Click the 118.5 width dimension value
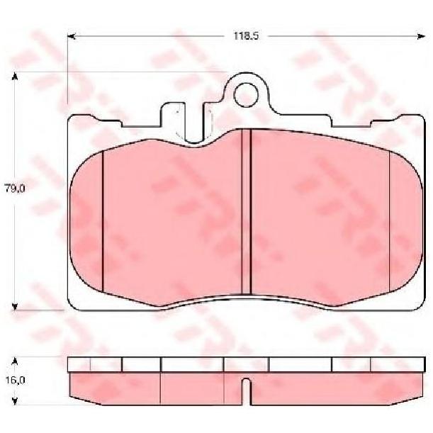point(246,36)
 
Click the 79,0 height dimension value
point(15,189)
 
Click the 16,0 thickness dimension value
point(15,381)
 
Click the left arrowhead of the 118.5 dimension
point(72,36)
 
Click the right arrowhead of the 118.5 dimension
point(421,36)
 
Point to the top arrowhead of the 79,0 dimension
point(15,77)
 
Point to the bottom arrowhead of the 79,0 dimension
point(15,306)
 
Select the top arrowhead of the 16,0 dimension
point(15,361)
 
